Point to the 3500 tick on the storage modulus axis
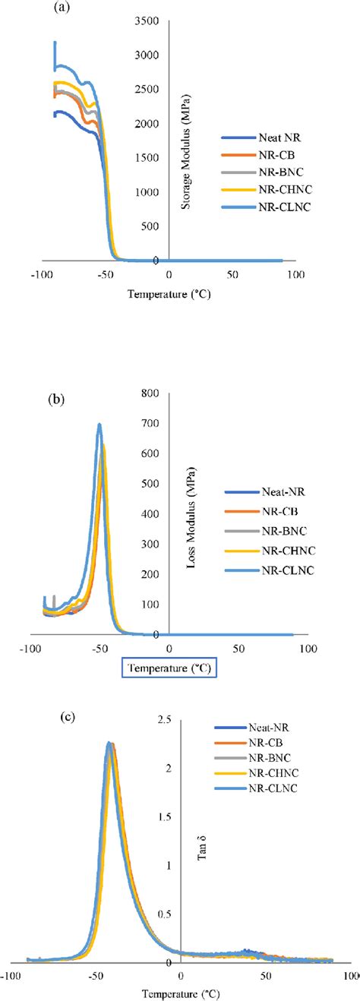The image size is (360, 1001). pos(146,21)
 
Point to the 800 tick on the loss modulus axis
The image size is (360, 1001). pos(150,393)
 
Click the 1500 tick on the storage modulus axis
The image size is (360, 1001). pos(146,158)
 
